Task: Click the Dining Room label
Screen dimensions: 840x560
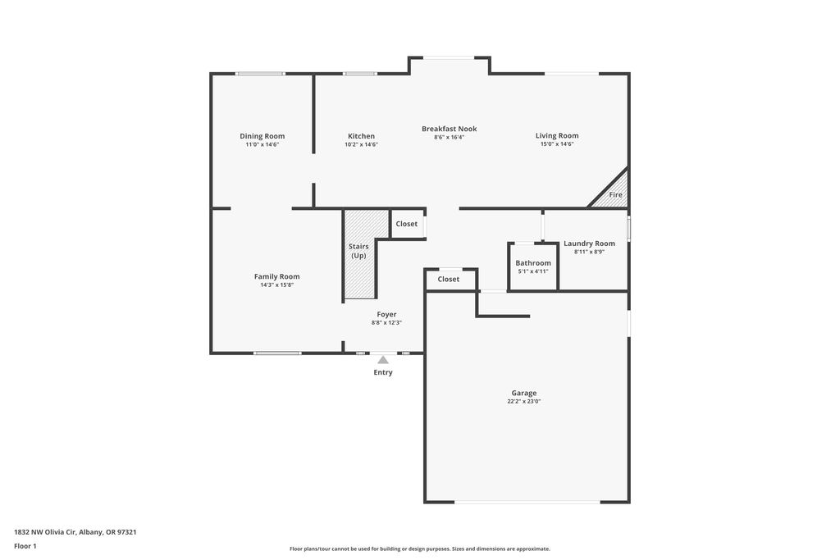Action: click(262, 136)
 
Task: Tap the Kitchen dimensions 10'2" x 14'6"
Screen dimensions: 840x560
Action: click(361, 144)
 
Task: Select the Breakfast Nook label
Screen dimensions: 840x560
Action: click(449, 129)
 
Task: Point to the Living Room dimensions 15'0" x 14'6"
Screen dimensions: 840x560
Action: click(557, 144)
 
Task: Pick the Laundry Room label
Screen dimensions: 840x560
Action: click(589, 243)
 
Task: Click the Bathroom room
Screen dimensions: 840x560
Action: click(533, 266)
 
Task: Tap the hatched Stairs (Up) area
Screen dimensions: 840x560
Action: click(360, 254)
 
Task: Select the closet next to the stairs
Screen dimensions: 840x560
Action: click(408, 224)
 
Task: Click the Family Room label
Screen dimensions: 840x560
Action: click(277, 276)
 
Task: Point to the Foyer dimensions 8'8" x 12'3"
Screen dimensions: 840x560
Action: click(386, 323)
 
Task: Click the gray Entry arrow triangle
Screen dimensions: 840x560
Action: click(383, 360)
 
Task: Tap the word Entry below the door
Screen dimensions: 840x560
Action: click(383, 372)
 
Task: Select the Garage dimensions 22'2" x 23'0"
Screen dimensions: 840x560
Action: click(524, 401)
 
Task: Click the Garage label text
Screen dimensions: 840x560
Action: click(524, 393)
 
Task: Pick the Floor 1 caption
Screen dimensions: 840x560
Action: click(25, 546)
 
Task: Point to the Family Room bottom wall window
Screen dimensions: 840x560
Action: click(277, 353)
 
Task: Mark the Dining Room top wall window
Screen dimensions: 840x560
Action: click(260, 73)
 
